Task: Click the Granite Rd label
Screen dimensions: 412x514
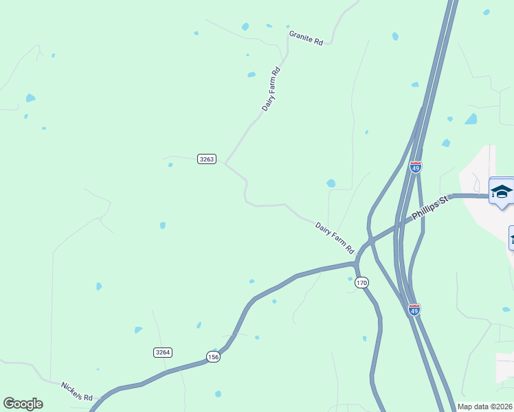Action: (x=306, y=38)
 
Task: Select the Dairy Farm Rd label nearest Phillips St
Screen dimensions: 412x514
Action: (x=334, y=237)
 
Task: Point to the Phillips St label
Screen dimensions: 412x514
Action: (x=429, y=208)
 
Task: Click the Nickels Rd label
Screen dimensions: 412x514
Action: (x=76, y=391)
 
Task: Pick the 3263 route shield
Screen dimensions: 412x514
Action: (x=207, y=159)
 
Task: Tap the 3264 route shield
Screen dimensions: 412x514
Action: (x=163, y=352)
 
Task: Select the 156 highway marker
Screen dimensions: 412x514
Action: (x=213, y=357)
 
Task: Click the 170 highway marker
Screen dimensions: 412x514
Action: (x=362, y=282)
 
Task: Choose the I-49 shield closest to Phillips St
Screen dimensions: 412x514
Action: (x=415, y=167)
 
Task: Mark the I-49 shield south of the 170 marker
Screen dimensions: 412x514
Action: (x=413, y=310)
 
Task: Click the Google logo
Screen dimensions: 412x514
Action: (x=23, y=404)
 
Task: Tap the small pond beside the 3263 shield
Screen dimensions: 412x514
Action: (x=170, y=165)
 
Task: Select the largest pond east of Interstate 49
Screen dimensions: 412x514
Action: (x=471, y=119)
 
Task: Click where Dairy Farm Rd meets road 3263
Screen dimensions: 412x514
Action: (x=225, y=162)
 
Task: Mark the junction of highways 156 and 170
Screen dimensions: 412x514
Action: (x=356, y=262)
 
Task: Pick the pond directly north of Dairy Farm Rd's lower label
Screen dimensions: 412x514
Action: (x=331, y=183)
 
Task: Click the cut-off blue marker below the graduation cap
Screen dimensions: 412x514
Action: (x=511, y=238)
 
